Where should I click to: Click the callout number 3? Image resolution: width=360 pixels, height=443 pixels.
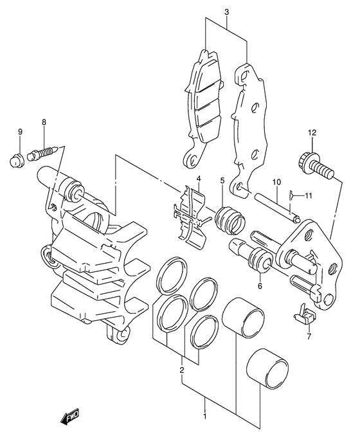(x=227, y=12)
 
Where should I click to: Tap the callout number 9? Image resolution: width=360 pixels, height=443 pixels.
(x=20, y=132)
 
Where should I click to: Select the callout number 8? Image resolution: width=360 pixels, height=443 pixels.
(x=44, y=122)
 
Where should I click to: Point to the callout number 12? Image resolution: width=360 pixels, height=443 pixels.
(x=312, y=132)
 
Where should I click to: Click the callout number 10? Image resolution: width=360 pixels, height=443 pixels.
(x=276, y=182)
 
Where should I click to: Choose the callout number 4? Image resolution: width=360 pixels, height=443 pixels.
(x=199, y=179)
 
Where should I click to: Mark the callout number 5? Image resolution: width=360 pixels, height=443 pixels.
(x=222, y=180)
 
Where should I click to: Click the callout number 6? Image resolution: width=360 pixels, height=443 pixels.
(x=260, y=286)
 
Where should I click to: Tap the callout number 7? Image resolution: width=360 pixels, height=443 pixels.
(x=309, y=336)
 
